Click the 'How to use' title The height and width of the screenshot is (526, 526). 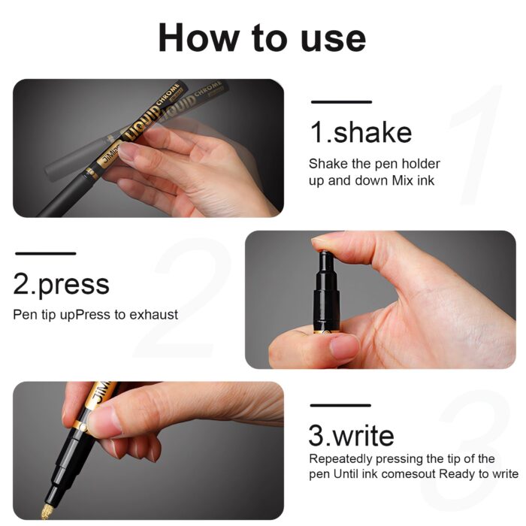click(262, 37)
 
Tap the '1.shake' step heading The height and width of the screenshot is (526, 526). click(361, 133)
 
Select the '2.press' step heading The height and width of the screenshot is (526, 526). click(61, 285)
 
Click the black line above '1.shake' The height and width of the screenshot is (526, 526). click(341, 101)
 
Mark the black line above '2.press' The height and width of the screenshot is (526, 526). click(45, 254)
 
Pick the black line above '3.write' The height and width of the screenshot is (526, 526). click(340, 406)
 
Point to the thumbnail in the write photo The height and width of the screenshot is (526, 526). click(105, 419)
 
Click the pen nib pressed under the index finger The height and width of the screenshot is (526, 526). click(326, 259)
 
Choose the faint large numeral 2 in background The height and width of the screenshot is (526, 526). click(188, 301)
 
